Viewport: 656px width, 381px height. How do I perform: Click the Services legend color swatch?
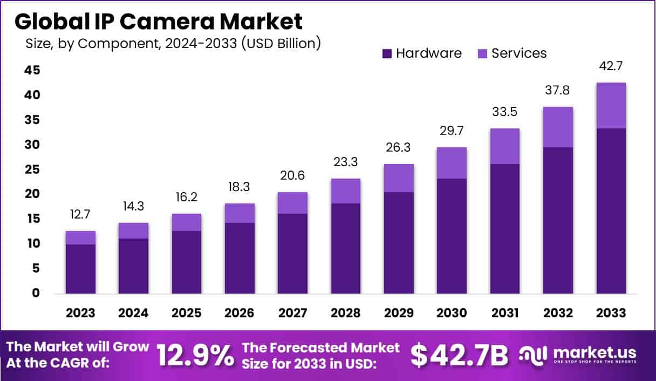(483, 53)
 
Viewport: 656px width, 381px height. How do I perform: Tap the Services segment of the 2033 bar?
(611, 105)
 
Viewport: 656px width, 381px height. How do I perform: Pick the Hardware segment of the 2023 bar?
(80, 269)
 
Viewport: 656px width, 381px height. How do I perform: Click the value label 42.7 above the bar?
(611, 66)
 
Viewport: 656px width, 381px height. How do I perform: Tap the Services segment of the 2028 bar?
(346, 191)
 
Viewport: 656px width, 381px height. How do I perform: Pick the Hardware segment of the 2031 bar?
(505, 229)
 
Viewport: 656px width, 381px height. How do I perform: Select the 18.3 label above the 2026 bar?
(240, 188)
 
